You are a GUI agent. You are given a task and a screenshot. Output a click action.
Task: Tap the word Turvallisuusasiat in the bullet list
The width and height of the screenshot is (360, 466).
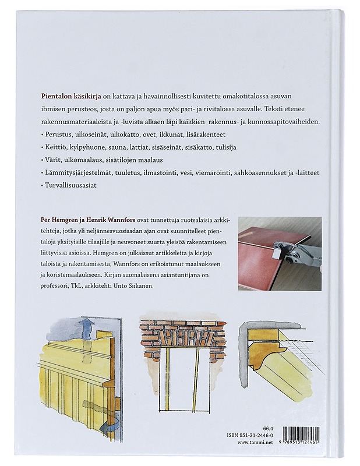[x=70, y=185]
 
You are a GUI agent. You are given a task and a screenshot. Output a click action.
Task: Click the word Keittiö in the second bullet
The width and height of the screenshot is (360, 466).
[x=57, y=147]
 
